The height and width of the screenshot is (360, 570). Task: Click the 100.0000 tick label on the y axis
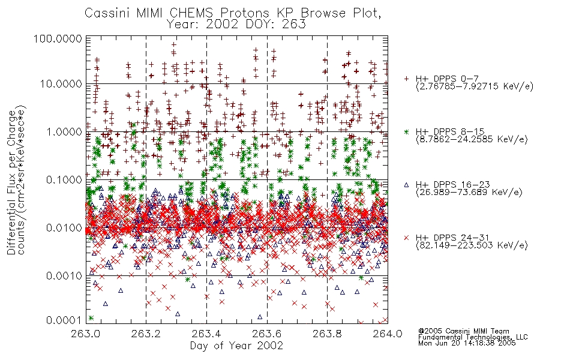pos(58,38)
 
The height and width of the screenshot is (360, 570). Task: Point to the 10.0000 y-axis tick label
pos(61,84)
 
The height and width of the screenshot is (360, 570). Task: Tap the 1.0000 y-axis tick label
pos(64,131)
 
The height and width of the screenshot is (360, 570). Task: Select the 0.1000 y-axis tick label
pos(64,179)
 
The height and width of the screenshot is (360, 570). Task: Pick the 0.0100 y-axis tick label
pos(64,228)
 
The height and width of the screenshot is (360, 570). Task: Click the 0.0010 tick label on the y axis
pos(64,276)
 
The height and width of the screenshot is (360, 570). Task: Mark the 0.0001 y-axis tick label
pos(64,320)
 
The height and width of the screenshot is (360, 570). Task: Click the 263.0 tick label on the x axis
pos(86,334)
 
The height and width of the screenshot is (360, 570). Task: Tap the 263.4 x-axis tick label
pos(207,334)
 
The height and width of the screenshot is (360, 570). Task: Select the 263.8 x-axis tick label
pos(328,334)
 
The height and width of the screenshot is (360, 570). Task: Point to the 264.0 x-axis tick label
pos(388,334)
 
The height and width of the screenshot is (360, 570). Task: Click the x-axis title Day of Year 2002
pos(236,346)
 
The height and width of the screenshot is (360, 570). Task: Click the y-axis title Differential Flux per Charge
pos(11,182)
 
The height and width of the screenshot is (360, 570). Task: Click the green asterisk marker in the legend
pos(406,131)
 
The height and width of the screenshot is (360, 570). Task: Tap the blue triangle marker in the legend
pos(406,185)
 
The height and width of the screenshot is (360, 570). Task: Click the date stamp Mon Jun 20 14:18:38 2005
pos(467,343)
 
